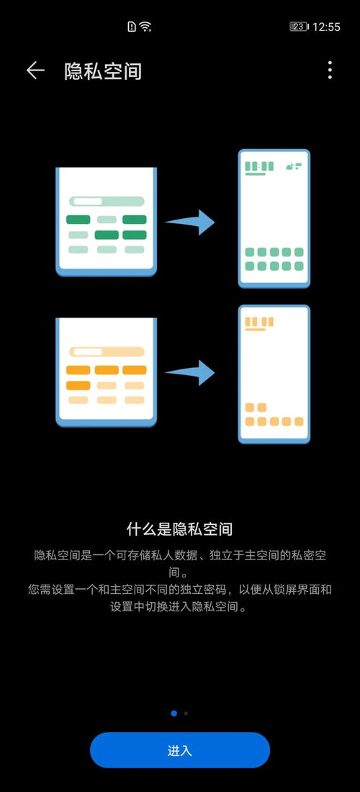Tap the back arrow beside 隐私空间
(35, 71)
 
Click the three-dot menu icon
(330, 71)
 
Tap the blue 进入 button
(180, 750)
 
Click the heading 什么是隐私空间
(180, 529)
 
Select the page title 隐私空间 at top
(103, 71)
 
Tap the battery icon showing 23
(299, 27)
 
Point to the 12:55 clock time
(326, 27)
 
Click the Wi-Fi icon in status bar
(145, 27)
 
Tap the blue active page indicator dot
(174, 714)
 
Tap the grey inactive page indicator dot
(186, 714)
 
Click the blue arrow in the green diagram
(190, 222)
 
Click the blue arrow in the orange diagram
(190, 373)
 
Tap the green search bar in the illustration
(107, 201)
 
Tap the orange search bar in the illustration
(107, 351)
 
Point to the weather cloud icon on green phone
(290, 166)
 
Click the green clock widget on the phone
(259, 166)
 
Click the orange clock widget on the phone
(259, 322)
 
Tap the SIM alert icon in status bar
(132, 27)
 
